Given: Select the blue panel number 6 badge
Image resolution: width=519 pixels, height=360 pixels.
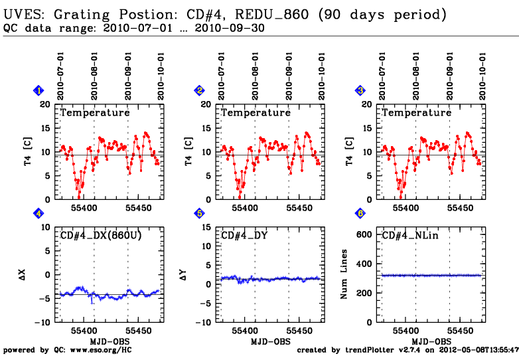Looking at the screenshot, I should coord(360,214).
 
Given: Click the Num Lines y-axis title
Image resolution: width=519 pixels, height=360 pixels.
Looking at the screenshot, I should coord(345,274).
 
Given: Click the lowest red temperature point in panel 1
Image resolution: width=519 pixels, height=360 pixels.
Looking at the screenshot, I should coord(79,197).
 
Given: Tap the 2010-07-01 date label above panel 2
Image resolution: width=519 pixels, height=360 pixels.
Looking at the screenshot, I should coord(221,78).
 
